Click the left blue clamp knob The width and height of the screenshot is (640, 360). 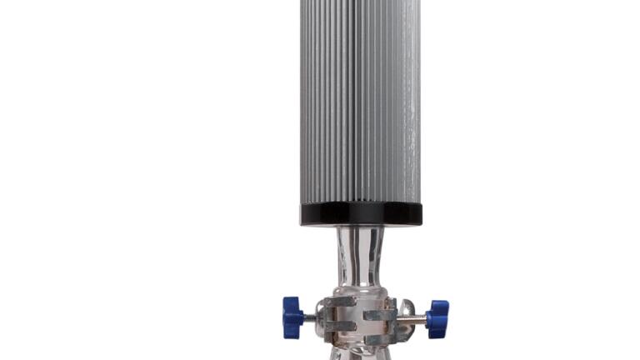coord(292,317)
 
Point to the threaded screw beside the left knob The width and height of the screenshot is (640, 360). coord(310,317)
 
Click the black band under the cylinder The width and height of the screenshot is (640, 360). coord(361,214)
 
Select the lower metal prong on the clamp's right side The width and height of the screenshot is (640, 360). coord(380,338)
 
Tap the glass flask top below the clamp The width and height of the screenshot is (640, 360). coord(360,353)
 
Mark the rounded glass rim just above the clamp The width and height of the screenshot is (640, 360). coord(361,291)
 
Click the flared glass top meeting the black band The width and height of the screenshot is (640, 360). coord(361,231)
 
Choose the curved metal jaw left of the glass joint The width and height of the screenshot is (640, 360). coord(322,317)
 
